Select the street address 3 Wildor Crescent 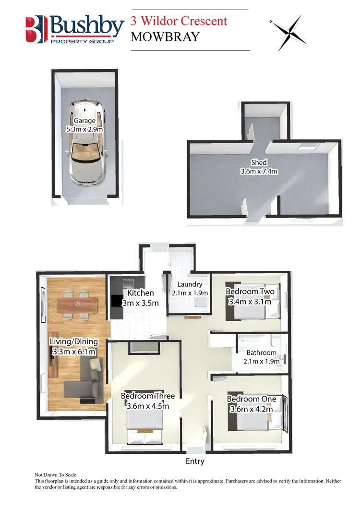pyautogui.click(x=179, y=21)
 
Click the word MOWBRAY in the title pyautogui.click(x=165, y=36)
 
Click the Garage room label pyautogui.click(x=84, y=121)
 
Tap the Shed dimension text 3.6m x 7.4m pyautogui.click(x=259, y=171)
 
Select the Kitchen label pyautogui.click(x=141, y=293)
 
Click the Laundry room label pyautogui.click(x=190, y=284)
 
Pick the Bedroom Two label pyautogui.click(x=250, y=291)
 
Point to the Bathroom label pyautogui.click(x=262, y=352)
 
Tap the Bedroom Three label pyautogui.click(x=148, y=396)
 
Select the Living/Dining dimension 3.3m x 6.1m pyautogui.click(x=74, y=352)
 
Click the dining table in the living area pyautogui.click(x=77, y=303)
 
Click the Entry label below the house pyautogui.click(x=195, y=461)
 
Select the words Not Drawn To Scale pyautogui.click(x=56, y=474)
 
